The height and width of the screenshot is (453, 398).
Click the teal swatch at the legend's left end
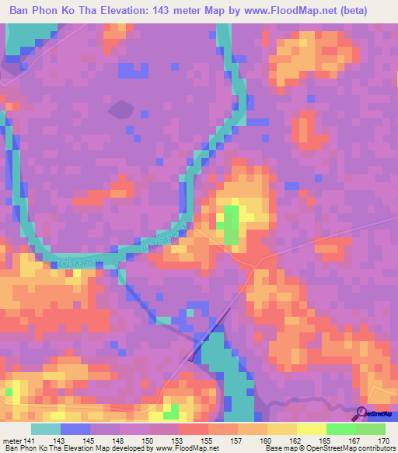[x=46, y=429]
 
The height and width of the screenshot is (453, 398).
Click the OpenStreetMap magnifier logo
[x=361, y=413]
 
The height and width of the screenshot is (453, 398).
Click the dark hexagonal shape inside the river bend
[x=120, y=110]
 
